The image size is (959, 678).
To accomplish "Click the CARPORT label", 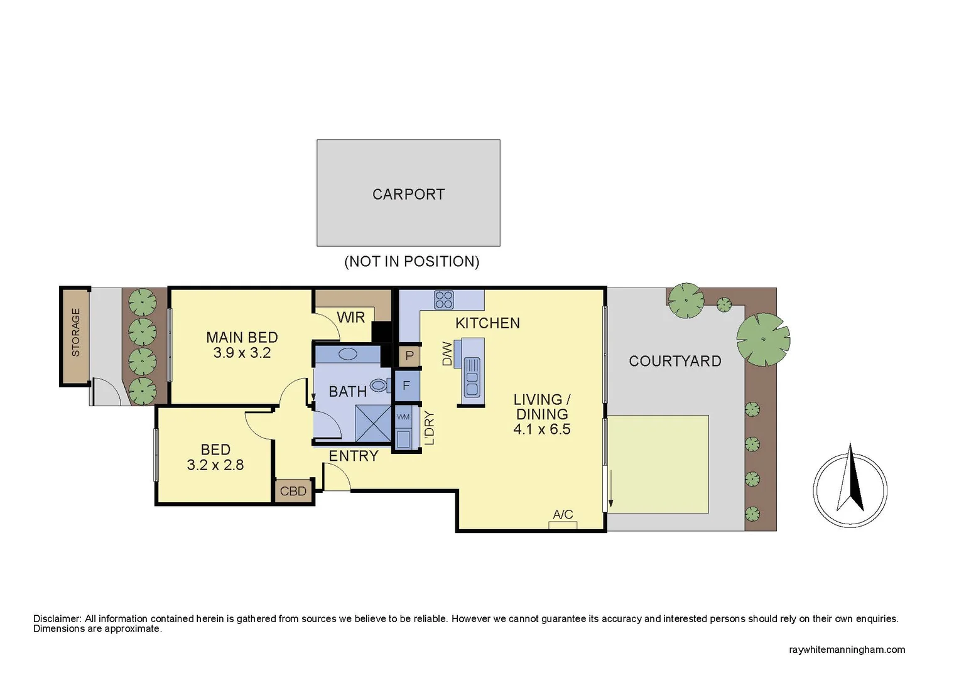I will (408, 195).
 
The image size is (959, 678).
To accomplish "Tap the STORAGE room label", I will (76, 332).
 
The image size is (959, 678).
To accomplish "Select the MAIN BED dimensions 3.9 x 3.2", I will (242, 353).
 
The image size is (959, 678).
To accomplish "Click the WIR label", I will (350, 318).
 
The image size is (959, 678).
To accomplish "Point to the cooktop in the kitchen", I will (443, 300).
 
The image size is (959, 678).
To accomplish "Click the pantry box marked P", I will (409, 356).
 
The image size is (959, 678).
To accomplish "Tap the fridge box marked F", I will (406, 385).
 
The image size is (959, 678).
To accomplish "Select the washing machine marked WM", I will (403, 417).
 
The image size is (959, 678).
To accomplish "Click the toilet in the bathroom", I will (378, 385).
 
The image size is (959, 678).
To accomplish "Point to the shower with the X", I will (373, 424).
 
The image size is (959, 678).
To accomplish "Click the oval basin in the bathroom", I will (348, 354).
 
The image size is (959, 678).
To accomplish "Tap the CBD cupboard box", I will (293, 491).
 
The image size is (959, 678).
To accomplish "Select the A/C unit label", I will (563, 515).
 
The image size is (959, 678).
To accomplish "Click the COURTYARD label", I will (675, 361).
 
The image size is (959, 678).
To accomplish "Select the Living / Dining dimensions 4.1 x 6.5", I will (541, 429).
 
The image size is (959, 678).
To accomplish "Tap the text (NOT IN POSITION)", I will (411, 261).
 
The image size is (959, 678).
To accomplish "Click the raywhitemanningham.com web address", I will (847, 650).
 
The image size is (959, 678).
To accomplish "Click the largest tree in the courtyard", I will (763, 340).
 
